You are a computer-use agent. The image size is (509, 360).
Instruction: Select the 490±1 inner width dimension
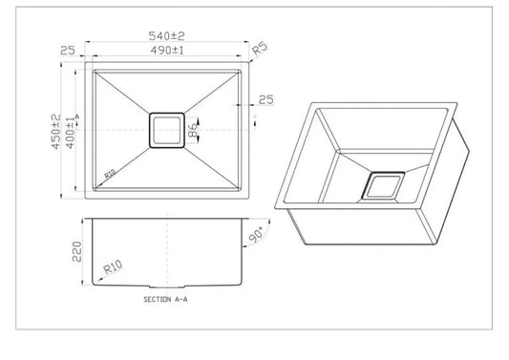[167, 51]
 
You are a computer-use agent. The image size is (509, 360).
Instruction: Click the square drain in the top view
[167, 130]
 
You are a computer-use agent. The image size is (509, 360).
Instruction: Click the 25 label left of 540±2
[66, 51]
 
